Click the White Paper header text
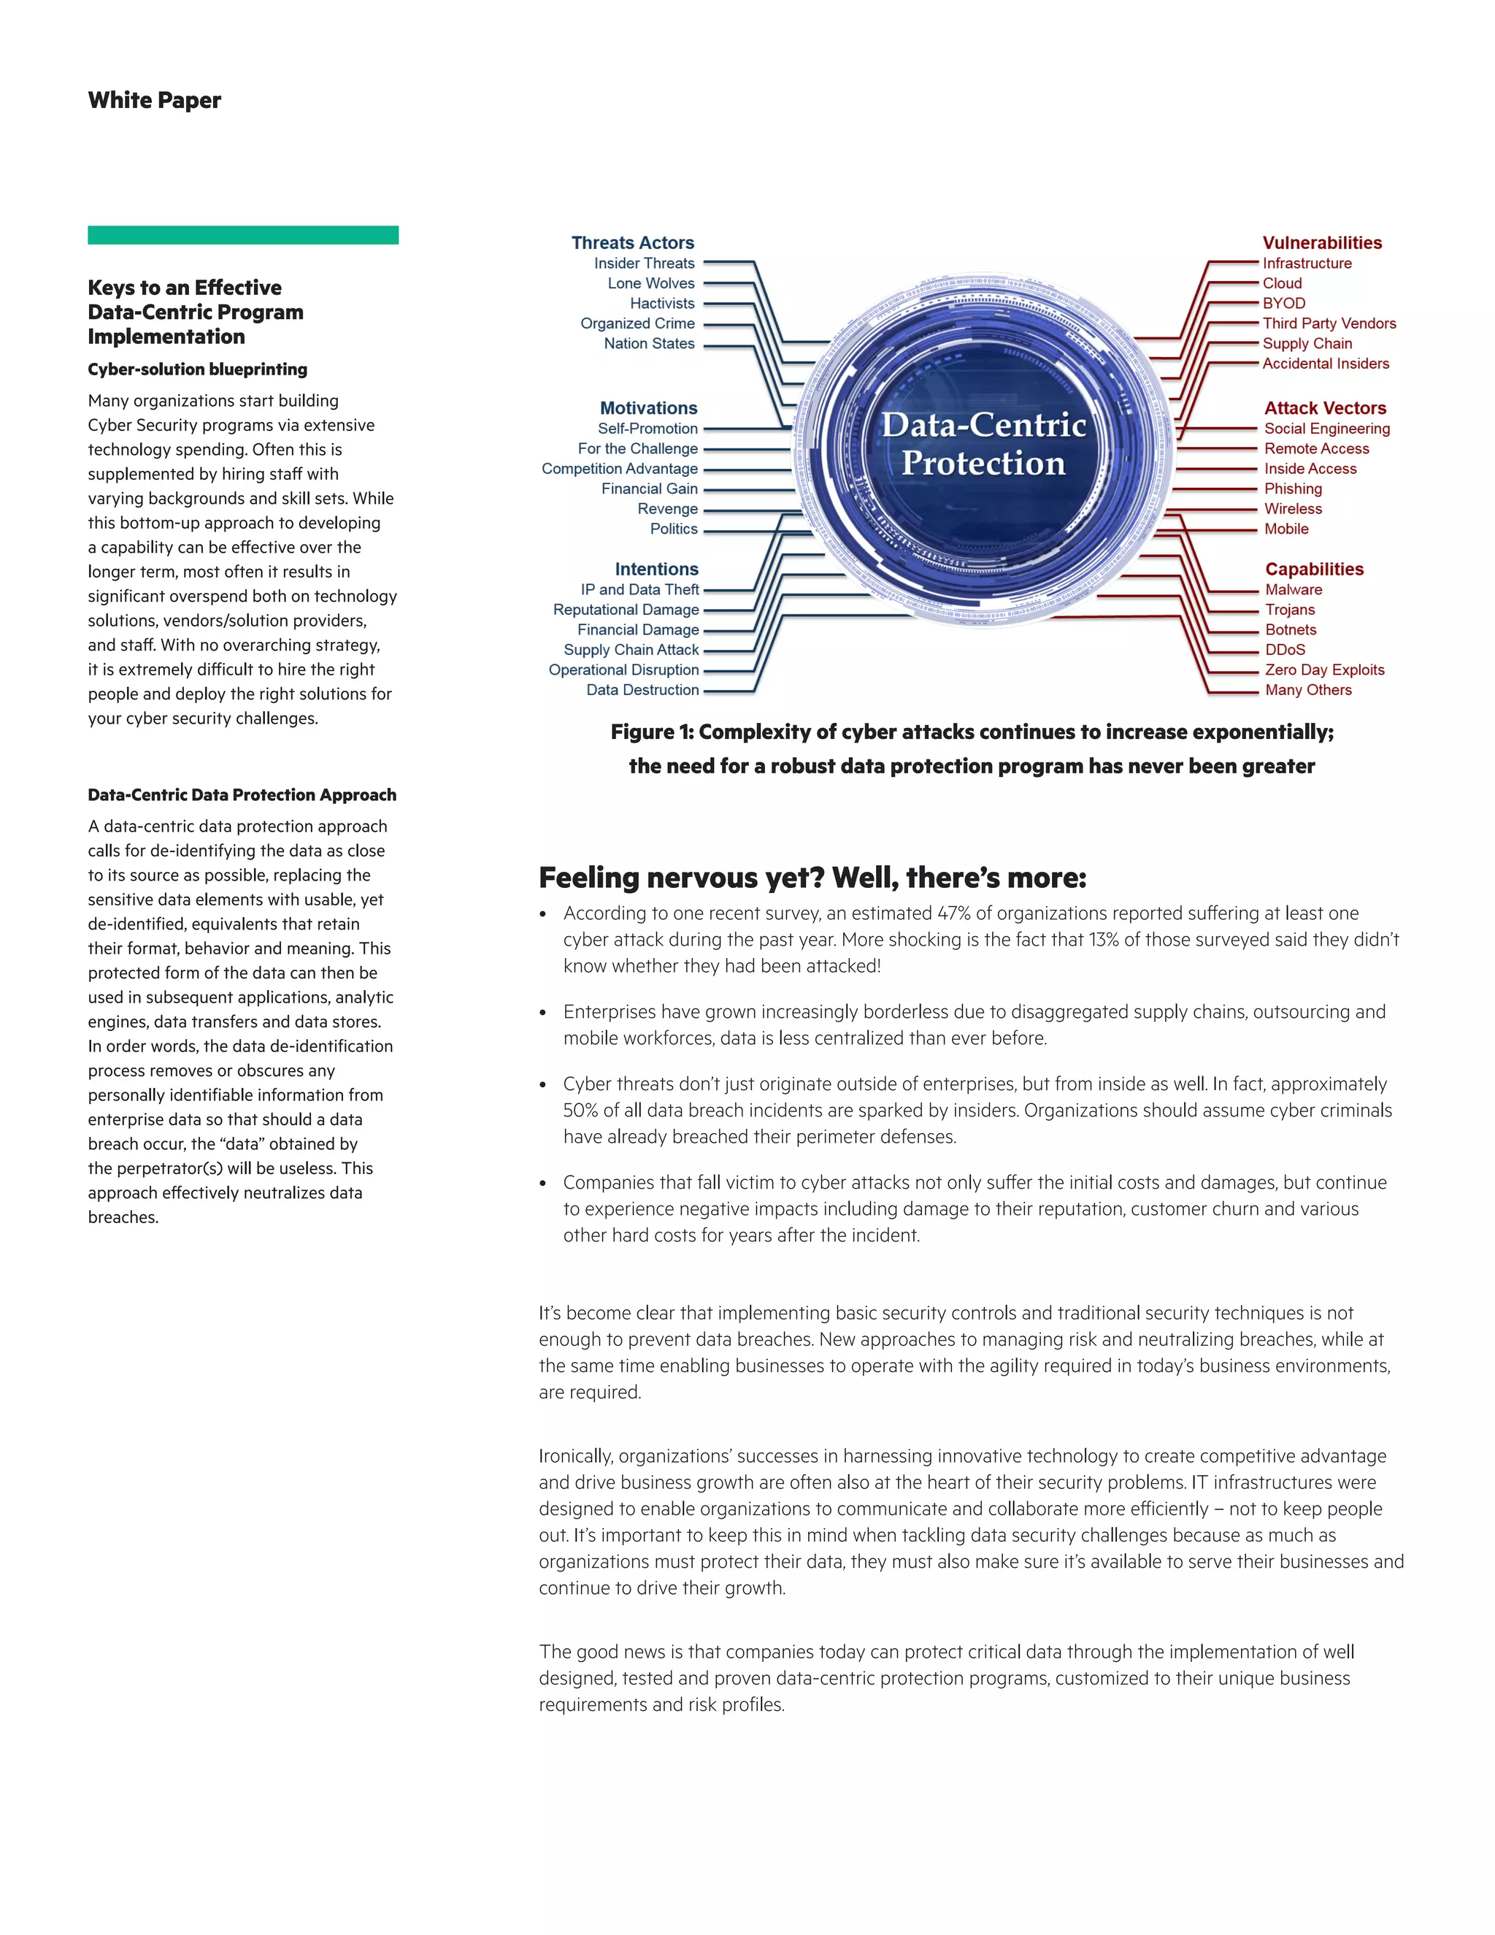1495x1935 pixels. tap(154, 100)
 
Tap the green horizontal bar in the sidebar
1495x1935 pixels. tap(242, 235)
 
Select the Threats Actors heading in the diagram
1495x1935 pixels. tap(632, 242)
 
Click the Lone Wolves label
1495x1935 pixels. tap(651, 283)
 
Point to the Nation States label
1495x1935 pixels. tap(649, 344)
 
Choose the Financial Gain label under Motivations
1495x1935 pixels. tap(649, 489)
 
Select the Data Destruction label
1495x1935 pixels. tap(642, 690)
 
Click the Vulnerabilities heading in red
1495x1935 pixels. tap(1321, 242)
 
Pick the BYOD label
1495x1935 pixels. tap(1283, 304)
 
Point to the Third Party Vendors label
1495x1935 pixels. tap(1329, 324)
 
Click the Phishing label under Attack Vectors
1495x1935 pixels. tap(1292, 489)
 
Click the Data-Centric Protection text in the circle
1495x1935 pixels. tap(983, 444)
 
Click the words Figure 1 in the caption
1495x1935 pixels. tap(651, 732)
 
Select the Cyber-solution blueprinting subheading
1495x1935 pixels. tap(198, 369)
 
